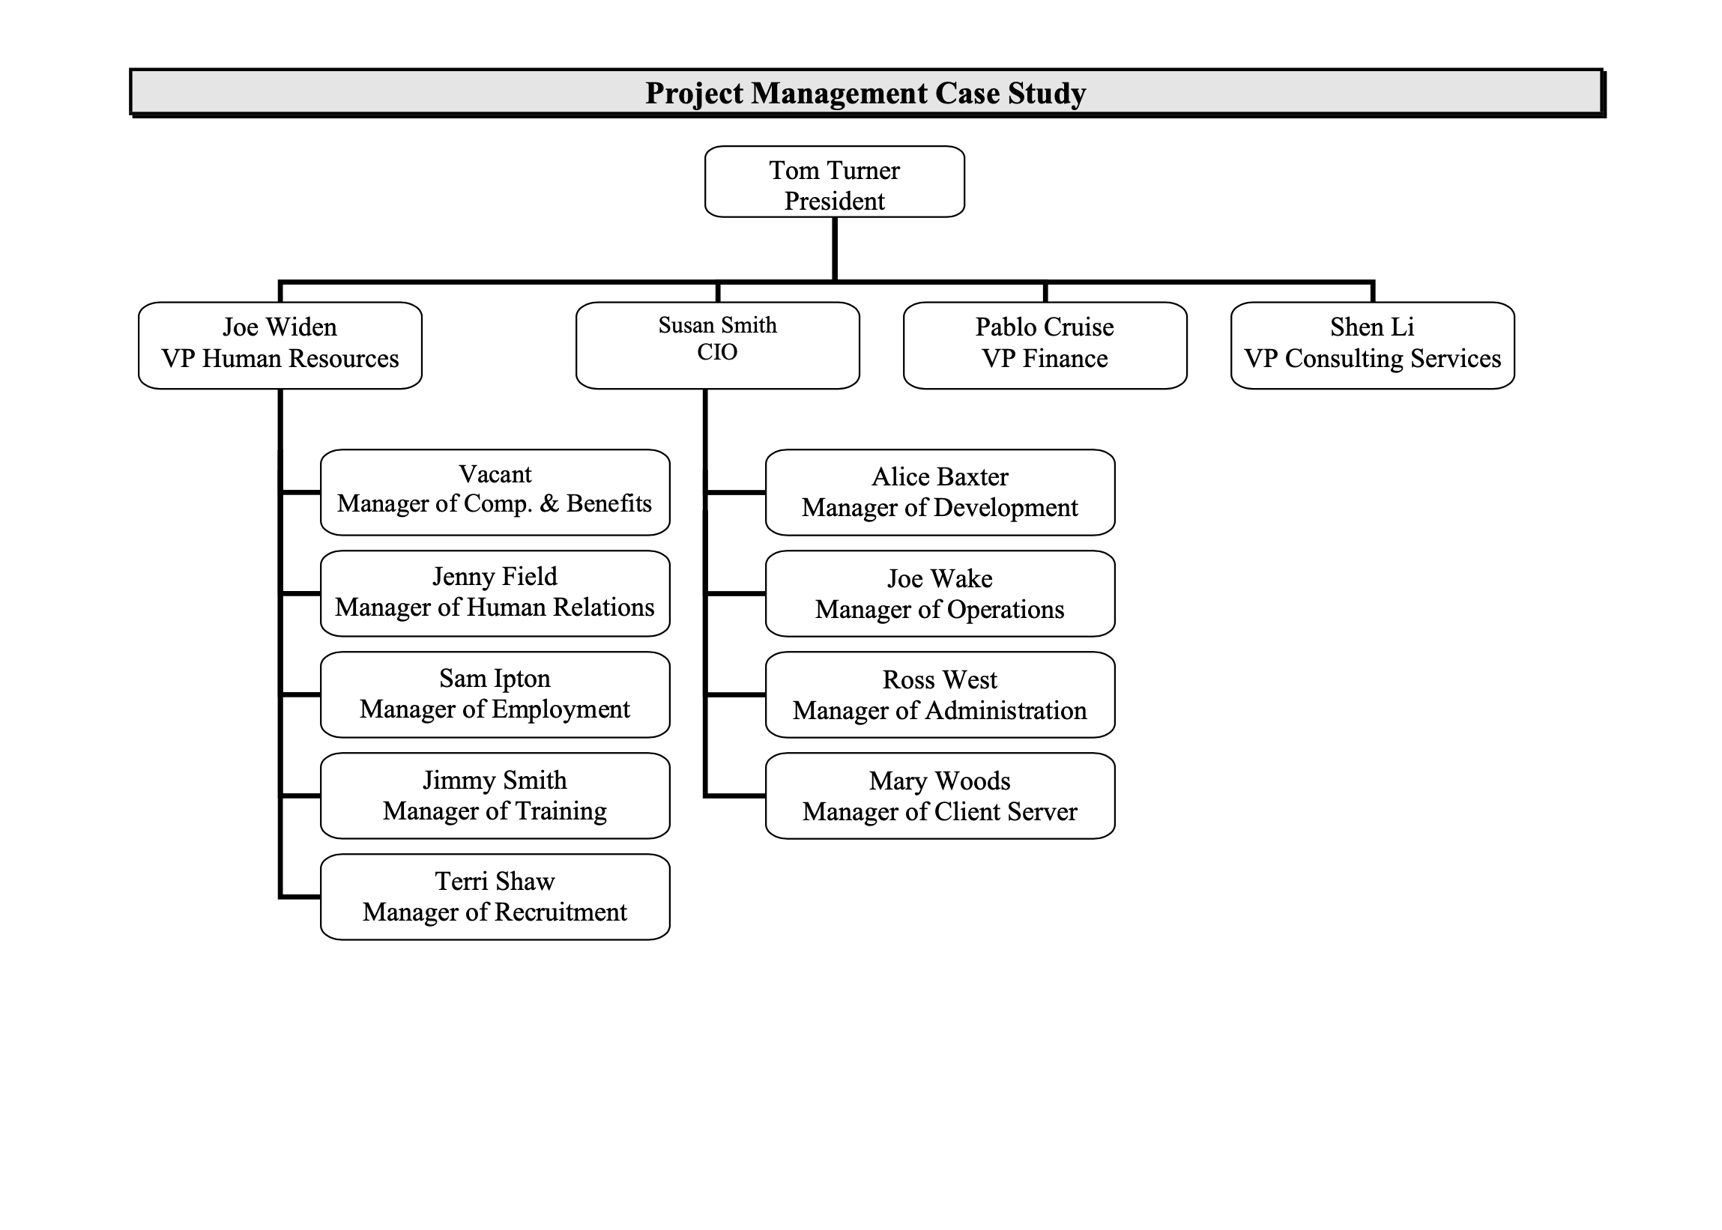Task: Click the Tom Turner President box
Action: [833, 182]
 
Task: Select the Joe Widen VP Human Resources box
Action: [280, 345]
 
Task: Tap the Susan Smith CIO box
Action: [716, 345]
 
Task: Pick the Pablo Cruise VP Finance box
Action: [1044, 345]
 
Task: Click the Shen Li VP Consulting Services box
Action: [1371, 345]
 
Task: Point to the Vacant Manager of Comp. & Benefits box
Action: [494, 492]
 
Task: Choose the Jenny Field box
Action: [494, 593]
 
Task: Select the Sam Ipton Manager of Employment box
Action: [494, 694]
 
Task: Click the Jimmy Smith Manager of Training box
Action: [494, 796]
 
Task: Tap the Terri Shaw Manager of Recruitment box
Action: [494, 897]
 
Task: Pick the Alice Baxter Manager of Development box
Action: [940, 492]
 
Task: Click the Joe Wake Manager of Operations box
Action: [940, 593]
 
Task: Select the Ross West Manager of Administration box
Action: [940, 694]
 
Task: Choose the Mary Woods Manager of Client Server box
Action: [940, 796]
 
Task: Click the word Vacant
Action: [495, 474]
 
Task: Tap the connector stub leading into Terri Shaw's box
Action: [300, 897]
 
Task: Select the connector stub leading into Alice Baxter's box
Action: [736, 492]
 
